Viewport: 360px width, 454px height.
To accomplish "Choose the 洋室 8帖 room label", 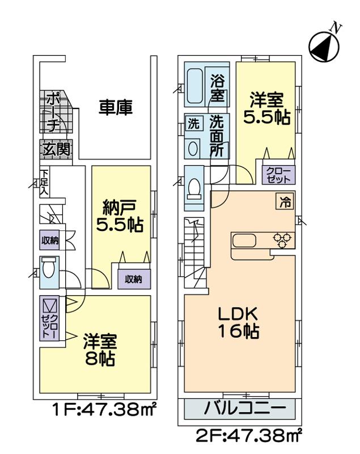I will click(x=100, y=351).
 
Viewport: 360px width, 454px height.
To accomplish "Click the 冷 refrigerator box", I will click(x=285, y=201).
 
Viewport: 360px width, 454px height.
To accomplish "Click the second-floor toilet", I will click(x=194, y=187).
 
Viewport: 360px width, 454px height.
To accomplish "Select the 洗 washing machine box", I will click(x=193, y=124).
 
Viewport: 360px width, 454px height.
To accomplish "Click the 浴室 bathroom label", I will click(x=218, y=87).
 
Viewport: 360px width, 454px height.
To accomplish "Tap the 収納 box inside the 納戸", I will click(x=133, y=279).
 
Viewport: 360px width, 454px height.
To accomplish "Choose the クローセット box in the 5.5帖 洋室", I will click(x=278, y=174).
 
